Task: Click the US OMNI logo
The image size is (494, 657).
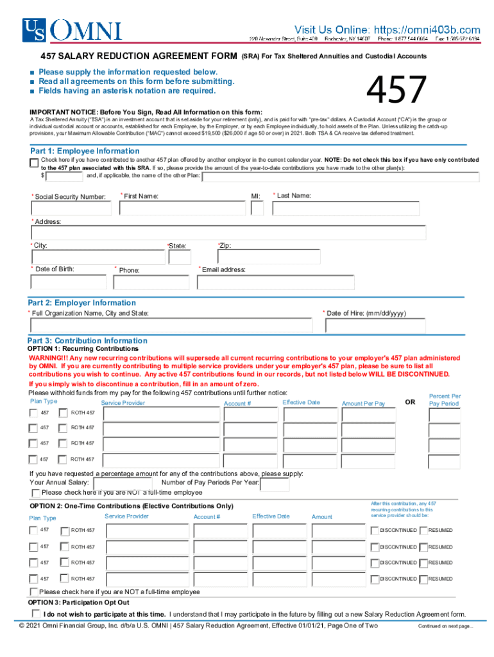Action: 71,30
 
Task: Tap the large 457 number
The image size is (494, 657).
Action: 396,90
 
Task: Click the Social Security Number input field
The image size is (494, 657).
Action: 71,209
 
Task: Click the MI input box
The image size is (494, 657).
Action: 257,209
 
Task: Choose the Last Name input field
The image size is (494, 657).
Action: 349,209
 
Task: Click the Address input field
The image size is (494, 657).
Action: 229,232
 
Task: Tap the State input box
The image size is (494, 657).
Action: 179,257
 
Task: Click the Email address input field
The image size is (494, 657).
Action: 276,282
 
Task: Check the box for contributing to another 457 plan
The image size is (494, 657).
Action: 34,162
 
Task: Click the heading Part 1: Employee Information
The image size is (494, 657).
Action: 83,151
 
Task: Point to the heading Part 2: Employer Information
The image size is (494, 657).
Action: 81,303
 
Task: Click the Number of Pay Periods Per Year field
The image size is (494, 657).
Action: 275,483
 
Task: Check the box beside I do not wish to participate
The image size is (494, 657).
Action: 35,613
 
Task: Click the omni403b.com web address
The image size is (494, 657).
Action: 424,30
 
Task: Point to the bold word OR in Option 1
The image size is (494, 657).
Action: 410,402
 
